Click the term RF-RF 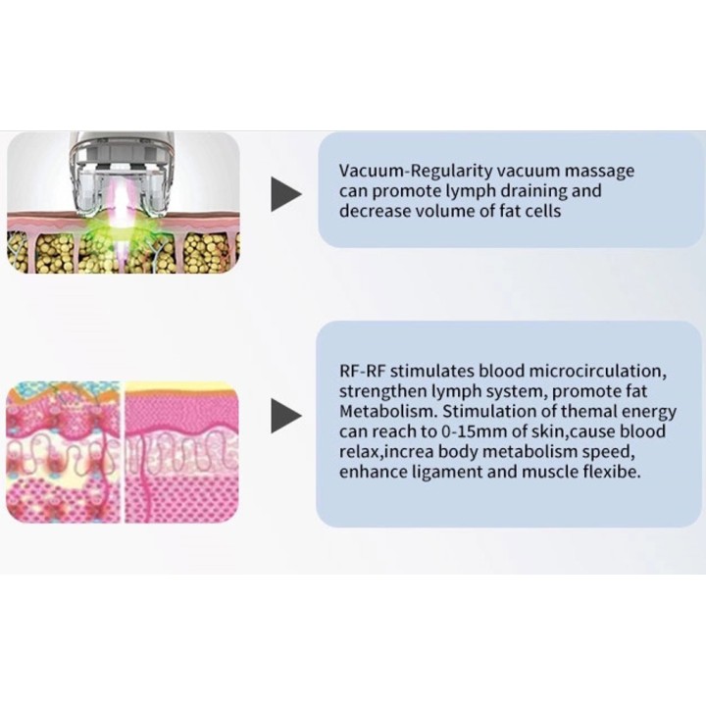362,371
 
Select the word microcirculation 597,372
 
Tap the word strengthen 382,391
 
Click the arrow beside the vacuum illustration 285,194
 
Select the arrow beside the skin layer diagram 285,416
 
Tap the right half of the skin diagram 181,452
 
